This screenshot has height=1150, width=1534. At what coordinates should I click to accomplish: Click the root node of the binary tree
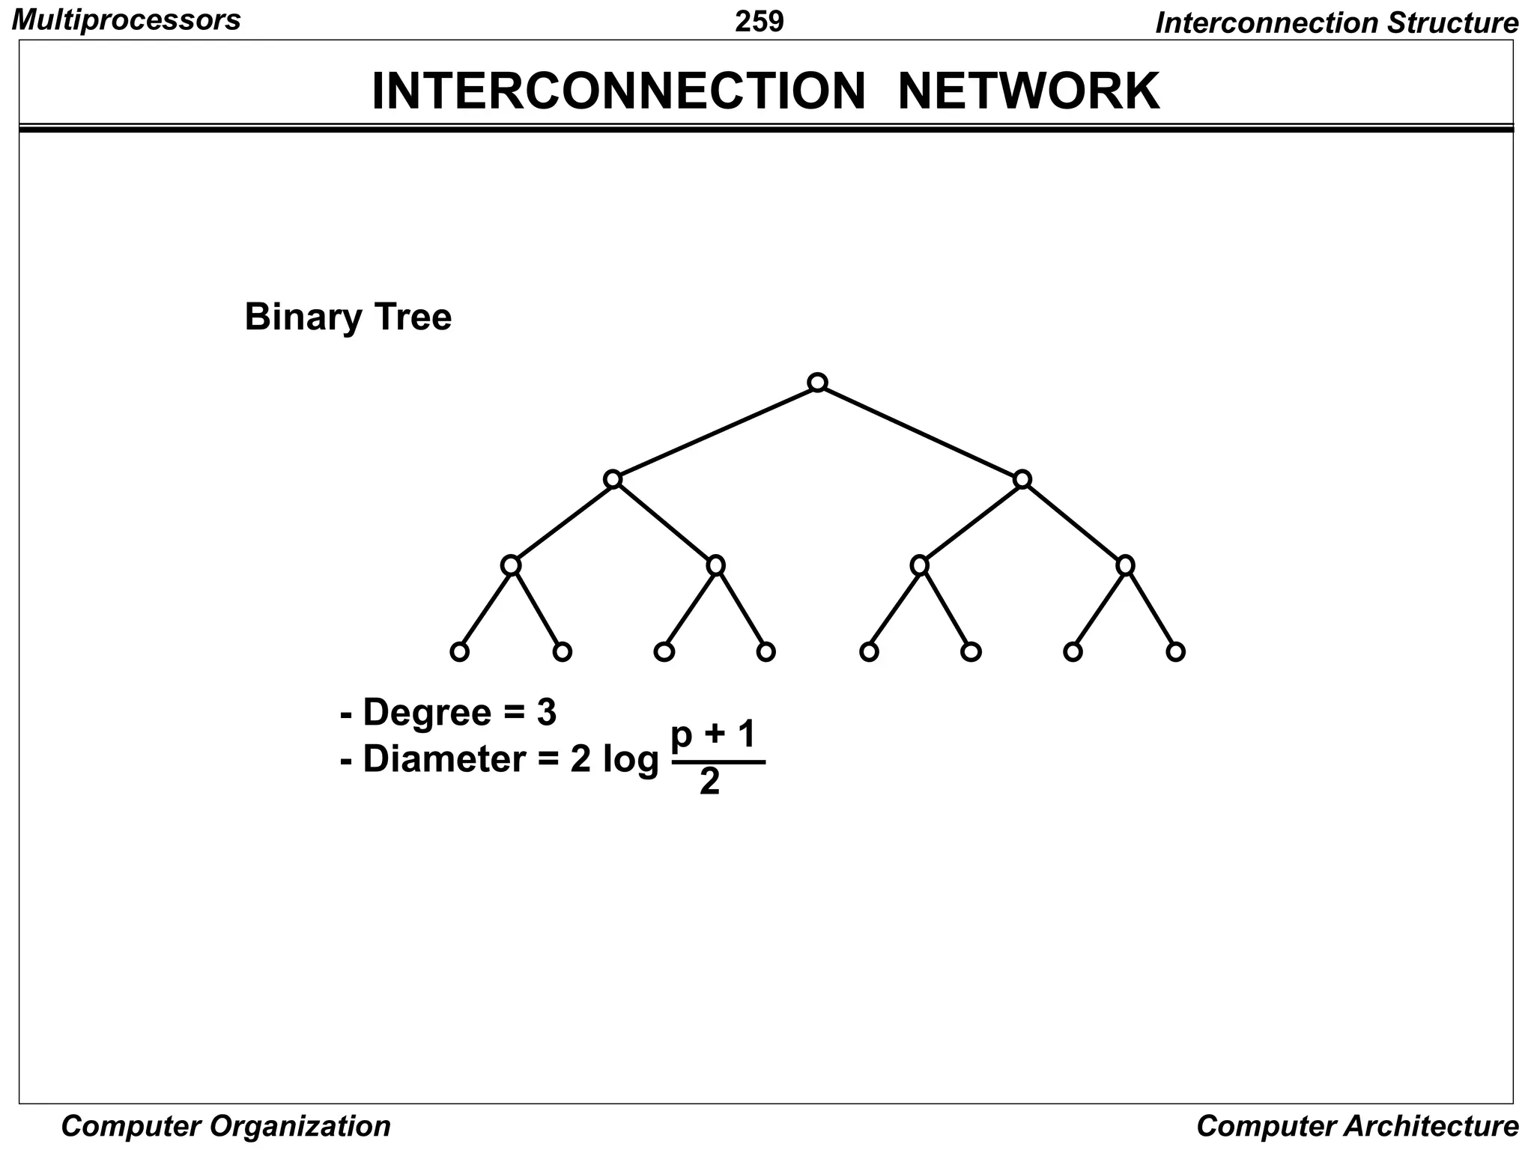click(x=817, y=383)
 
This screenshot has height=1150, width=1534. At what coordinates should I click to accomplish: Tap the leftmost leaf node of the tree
click(x=459, y=651)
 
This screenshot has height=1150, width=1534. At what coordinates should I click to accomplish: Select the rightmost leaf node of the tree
click(x=1175, y=651)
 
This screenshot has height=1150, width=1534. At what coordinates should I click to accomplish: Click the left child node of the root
click(x=613, y=479)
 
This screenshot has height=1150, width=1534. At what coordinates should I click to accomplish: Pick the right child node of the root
click(x=1022, y=479)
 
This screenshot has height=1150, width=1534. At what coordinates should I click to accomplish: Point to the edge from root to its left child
click(x=715, y=431)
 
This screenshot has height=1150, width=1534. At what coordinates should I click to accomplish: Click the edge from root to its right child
click(x=920, y=431)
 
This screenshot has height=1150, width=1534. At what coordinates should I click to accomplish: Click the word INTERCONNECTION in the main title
click(x=619, y=91)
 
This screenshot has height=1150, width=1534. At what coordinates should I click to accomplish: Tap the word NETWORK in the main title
click(x=1028, y=91)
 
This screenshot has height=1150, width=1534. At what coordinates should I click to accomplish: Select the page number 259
click(x=759, y=22)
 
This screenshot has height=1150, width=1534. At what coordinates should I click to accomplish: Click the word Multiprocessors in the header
click(x=127, y=20)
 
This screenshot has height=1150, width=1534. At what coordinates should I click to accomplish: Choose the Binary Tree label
click(x=348, y=317)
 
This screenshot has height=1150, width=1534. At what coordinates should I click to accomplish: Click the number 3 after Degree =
click(x=546, y=712)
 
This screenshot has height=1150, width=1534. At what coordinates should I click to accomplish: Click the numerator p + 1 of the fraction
click(x=714, y=736)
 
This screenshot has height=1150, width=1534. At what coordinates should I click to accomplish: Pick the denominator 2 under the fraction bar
click(x=709, y=783)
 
